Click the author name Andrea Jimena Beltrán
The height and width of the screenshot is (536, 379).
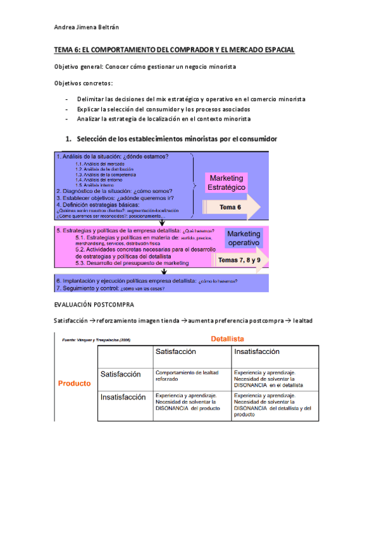pos(87,27)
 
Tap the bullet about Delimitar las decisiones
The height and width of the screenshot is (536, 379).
pos(191,99)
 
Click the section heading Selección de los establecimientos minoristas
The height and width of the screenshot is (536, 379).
pos(177,138)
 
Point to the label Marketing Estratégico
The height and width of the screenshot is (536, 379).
pos(226,183)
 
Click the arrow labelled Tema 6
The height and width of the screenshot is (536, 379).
pos(230,207)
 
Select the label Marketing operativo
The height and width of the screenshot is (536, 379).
pos(243,238)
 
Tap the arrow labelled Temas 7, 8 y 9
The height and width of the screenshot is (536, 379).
pos(239,260)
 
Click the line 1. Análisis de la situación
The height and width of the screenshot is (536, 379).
pos(113,157)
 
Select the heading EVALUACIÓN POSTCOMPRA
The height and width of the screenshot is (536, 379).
pos(94,305)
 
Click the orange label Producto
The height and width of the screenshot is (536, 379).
pos(74,383)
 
